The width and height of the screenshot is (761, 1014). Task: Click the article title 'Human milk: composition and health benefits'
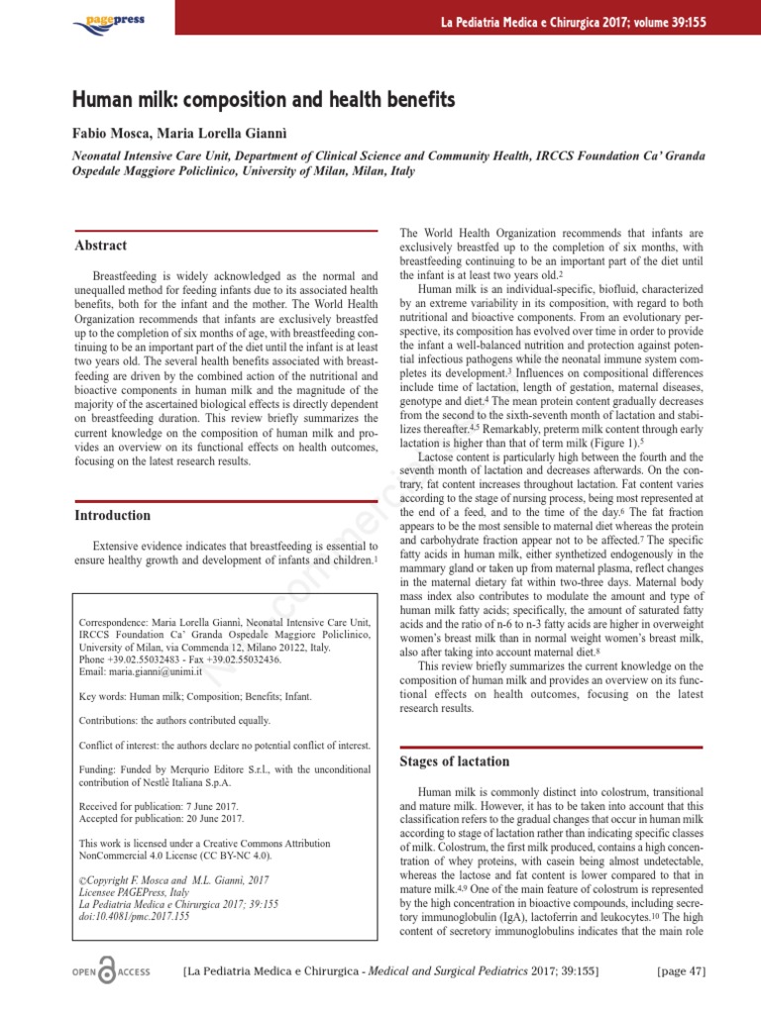pos(264,101)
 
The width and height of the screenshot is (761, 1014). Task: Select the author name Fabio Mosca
pos(111,133)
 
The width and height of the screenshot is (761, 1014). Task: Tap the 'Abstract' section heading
pos(101,245)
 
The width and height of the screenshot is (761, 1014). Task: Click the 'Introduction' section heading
pos(113,515)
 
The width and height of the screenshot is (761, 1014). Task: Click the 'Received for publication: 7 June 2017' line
pos(159,807)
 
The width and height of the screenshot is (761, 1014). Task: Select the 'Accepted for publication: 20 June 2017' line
pos(162,820)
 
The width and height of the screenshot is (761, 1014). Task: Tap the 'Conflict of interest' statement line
pos(225,745)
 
